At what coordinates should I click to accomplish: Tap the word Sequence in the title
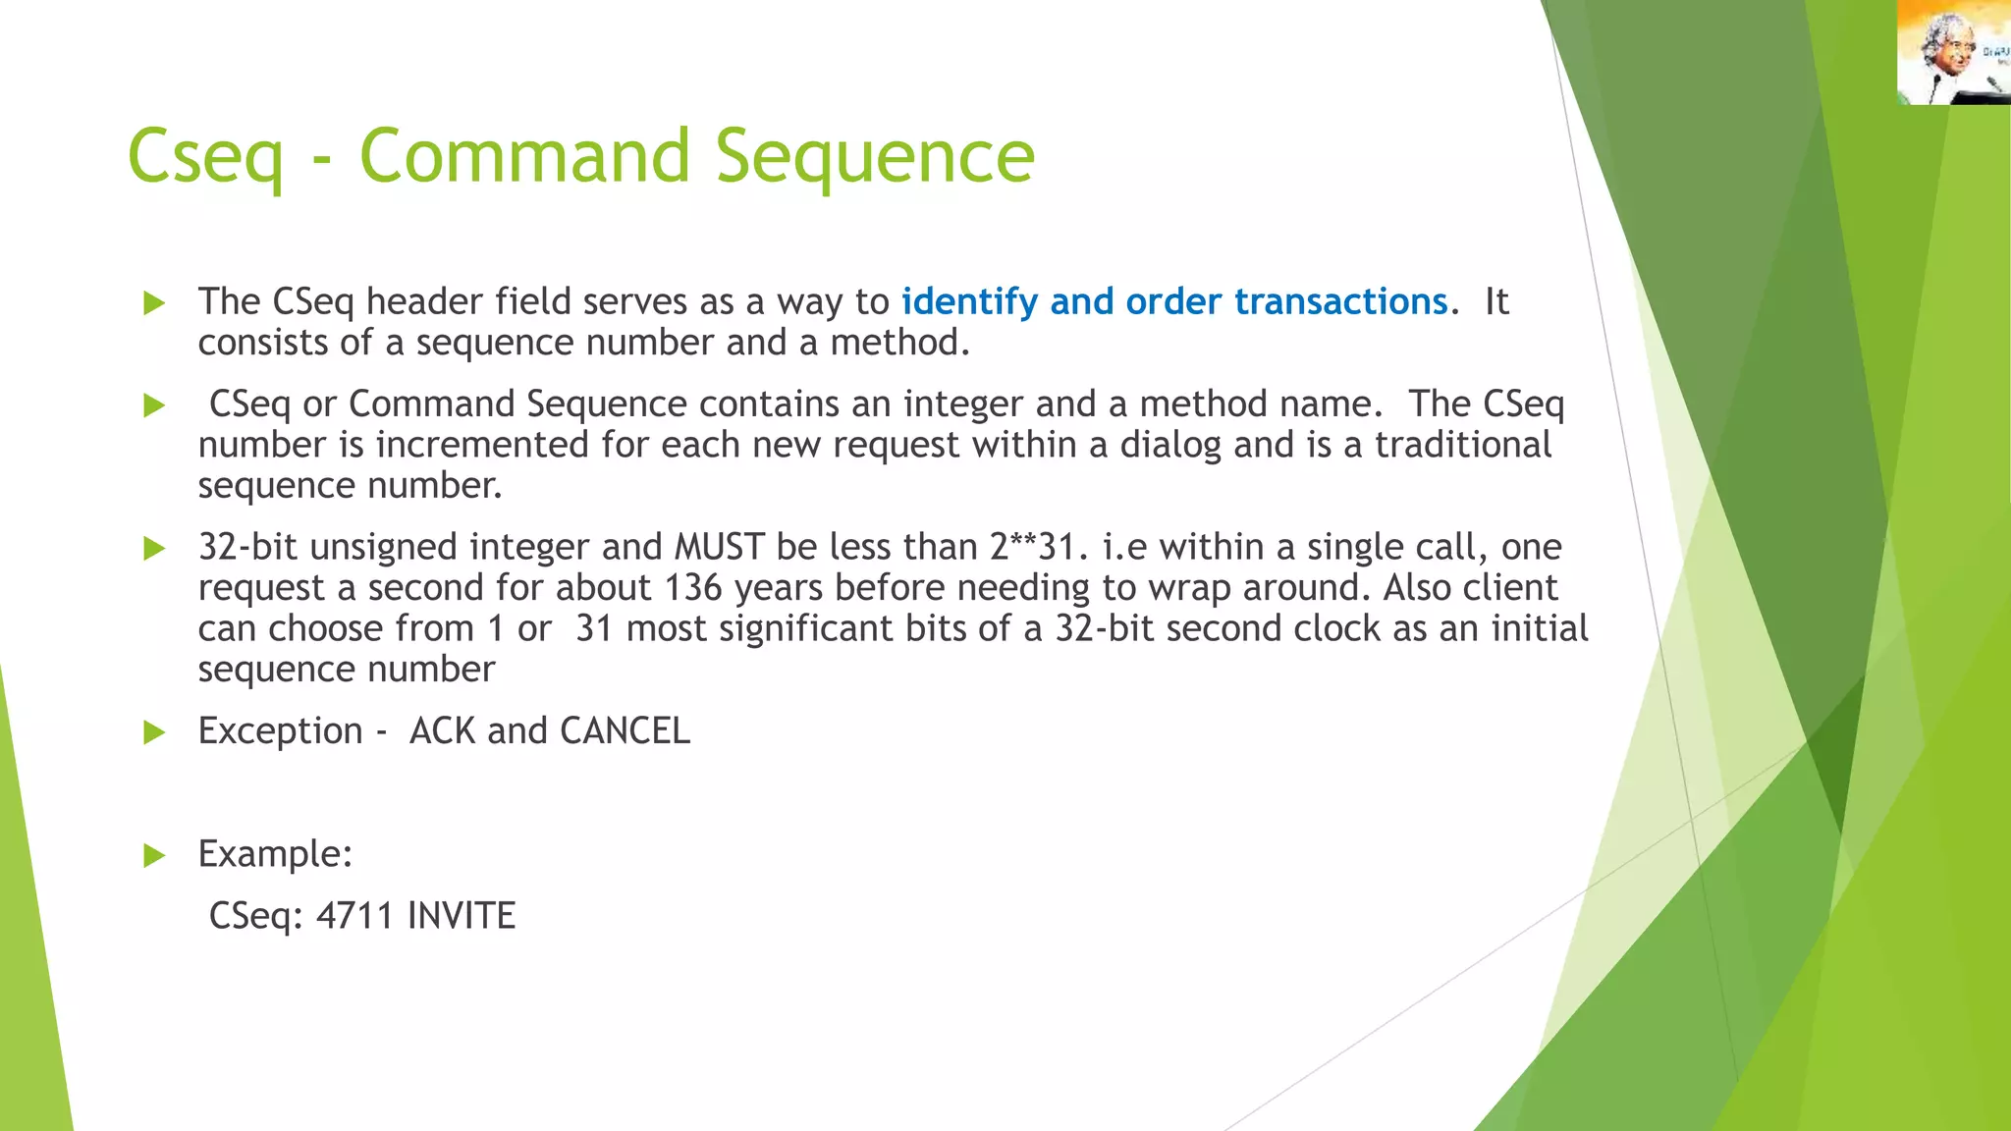tap(874, 157)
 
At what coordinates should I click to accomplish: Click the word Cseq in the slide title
tap(205, 157)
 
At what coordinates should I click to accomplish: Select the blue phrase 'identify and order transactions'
tap(1174, 301)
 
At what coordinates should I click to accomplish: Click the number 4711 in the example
tap(354, 915)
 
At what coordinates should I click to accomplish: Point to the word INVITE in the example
tap(462, 915)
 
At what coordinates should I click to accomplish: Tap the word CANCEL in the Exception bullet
tap(625, 731)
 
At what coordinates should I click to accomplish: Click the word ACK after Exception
tap(441, 731)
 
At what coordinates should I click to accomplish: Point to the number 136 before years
tap(693, 588)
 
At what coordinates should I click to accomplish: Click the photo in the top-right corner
tap(1953, 52)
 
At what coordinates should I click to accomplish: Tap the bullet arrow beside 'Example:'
tap(154, 855)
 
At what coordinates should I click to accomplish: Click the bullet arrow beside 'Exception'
tap(154, 732)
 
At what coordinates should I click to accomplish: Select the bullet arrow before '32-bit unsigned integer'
tap(154, 548)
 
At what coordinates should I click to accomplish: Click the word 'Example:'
tap(275, 854)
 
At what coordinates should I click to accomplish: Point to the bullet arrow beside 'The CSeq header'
tap(154, 302)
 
